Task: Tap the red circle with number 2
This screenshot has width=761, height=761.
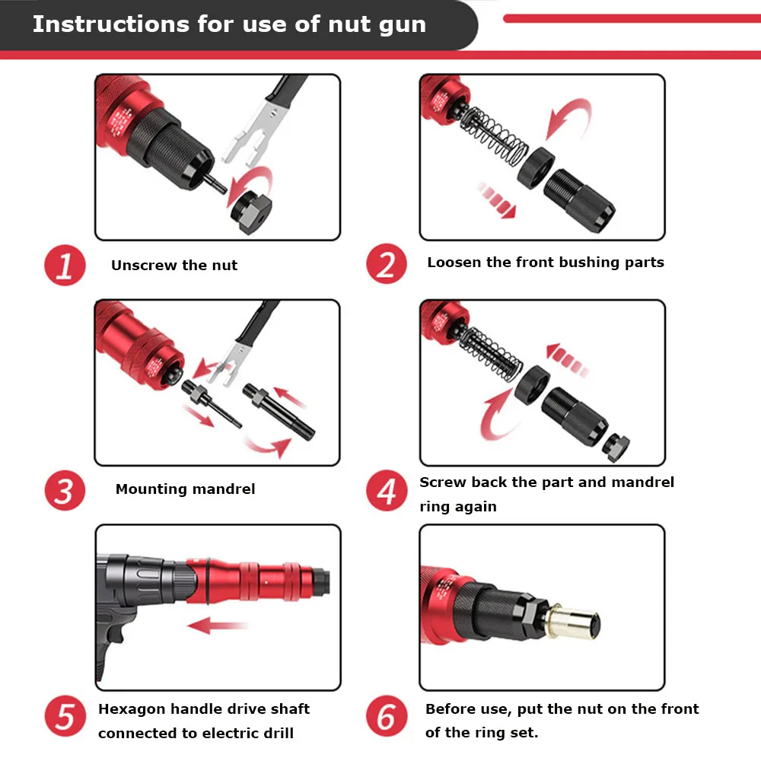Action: tap(387, 265)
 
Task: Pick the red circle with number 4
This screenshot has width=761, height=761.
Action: tap(387, 492)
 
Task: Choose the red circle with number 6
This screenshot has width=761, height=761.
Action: tap(387, 718)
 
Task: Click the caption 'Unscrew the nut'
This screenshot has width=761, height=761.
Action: tap(174, 266)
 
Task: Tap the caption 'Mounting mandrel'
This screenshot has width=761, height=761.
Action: tap(185, 489)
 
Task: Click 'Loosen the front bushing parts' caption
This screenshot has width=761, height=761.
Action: tap(545, 263)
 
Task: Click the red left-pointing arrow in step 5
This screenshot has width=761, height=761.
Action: tap(219, 626)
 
